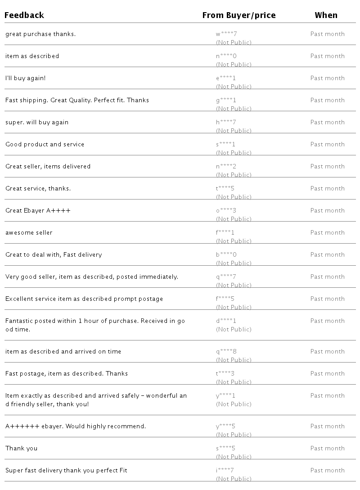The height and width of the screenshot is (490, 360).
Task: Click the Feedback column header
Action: click(x=24, y=15)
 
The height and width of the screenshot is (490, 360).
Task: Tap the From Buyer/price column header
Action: click(x=238, y=15)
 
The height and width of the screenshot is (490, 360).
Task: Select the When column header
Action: click(x=326, y=15)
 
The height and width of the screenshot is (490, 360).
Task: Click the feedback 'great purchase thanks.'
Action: click(x=40, y=34)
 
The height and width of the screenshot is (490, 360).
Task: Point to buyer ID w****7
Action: click(x=226, y=34)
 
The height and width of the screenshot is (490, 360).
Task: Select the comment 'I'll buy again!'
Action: click(x=26, y=78)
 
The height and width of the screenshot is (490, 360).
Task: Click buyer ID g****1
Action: click(x=226, y=100)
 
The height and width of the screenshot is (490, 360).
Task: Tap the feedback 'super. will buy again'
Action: click(x=37, y=122)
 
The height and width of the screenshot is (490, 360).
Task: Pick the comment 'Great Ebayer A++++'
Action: click(x=38, y=210)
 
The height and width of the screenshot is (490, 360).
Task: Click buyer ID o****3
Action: click(x=226, y=210)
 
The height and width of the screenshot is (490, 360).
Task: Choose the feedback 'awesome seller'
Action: click(x=29, y=232)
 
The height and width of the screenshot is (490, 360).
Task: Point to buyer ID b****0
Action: click(x=226, y=254)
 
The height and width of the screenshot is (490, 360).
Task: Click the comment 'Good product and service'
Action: click(x=45, y=144)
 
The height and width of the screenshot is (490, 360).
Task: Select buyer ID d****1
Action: click(x=226, y=321)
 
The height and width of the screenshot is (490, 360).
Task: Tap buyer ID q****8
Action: click(x=226, y=351)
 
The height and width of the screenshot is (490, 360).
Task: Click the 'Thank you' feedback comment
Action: click(x=22, y=448)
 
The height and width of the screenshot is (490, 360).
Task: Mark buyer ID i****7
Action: click(x=225, y=470)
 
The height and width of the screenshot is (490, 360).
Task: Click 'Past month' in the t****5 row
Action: click(x=327, y=188)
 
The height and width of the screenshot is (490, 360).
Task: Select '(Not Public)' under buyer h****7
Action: click(x=234, y=131)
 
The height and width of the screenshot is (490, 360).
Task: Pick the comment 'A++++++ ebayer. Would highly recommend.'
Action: click(x=76, y=426)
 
